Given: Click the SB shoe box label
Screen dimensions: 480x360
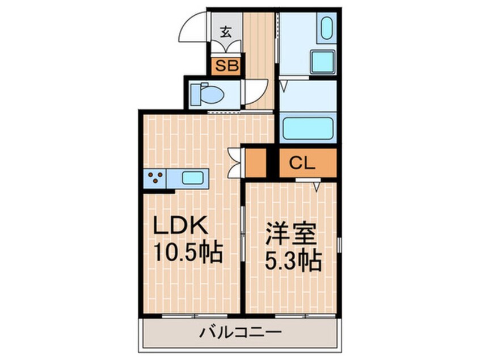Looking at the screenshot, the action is click(x=227, y=65).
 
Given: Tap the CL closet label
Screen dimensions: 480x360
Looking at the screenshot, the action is click(x=302, y=164).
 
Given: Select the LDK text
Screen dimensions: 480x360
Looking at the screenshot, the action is click(x=180, y=225).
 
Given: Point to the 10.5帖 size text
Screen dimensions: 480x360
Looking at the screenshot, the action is click(x=188, y=252).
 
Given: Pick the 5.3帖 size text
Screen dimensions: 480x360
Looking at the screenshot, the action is click(x=293, y=261).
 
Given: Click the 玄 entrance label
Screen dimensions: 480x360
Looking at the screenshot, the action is click(x=226, y=32).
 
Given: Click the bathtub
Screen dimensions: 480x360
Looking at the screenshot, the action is click(x=308, y=128).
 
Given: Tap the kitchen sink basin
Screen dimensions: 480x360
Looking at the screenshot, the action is click(x=193, y=178).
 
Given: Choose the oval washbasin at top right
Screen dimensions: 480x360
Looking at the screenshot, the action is click(x=327, y=28).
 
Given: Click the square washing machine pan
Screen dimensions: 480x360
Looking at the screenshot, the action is click(x=323, y=62).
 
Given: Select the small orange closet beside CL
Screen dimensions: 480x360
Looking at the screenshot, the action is click(x=256, y=163).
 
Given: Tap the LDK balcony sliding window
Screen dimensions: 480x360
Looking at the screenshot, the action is click(x=195, y=316).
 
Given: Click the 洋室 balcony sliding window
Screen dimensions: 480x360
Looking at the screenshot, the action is click(x=305, y=316).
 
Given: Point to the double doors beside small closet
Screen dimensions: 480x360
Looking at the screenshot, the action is click(x=235, y=163).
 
